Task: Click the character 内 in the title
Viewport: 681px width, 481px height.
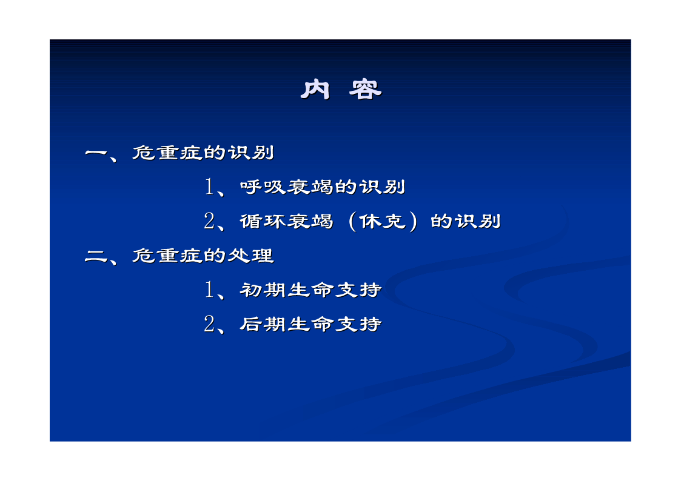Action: [x=315, y=89]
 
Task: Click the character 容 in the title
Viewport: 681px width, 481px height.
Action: [x=365, y=89]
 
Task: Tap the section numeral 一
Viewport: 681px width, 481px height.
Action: [x=96, y=153]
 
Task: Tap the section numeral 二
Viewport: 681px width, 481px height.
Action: [x=96, y=256]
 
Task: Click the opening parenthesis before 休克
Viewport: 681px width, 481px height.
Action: [x=352, y=222]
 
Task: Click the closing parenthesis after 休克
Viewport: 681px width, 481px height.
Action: [x=413, y=222]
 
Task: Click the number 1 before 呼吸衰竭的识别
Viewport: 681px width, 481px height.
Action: [x=209, y=187]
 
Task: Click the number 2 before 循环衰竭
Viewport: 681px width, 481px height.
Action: [x=209, y=221]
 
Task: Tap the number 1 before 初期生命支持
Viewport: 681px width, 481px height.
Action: [x=209, y=290]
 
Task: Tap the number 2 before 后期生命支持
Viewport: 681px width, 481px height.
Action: [x=209, y=324]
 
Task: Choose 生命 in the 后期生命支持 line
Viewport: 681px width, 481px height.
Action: [x=310, y=324]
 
